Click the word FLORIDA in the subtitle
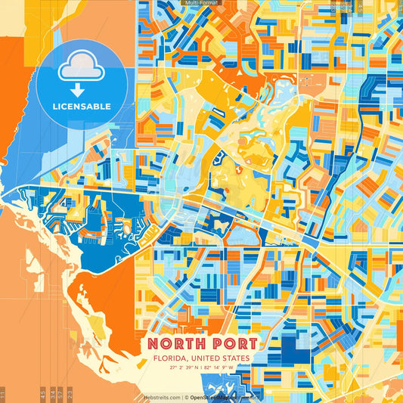[171, 358]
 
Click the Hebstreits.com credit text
[163, 396]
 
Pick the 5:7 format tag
[60, 395]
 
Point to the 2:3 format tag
[69, 395]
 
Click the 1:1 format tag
[3, 395]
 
